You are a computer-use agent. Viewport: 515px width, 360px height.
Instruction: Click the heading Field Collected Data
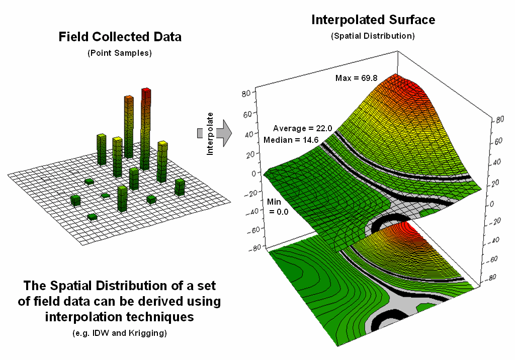(120, 37)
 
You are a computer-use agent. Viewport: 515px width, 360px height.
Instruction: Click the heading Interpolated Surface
(373, 20)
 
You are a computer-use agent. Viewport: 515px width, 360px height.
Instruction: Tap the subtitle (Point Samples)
(120, 53)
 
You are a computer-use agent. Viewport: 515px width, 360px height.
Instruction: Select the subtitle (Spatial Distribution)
(373, 36)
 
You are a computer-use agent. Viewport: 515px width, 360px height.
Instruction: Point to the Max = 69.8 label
(356, 78)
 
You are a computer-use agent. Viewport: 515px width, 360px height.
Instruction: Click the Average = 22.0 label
(302, 129)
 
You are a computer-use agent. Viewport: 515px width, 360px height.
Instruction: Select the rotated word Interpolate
(210, 133)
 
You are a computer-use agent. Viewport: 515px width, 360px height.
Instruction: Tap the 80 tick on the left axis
(246, 93)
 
